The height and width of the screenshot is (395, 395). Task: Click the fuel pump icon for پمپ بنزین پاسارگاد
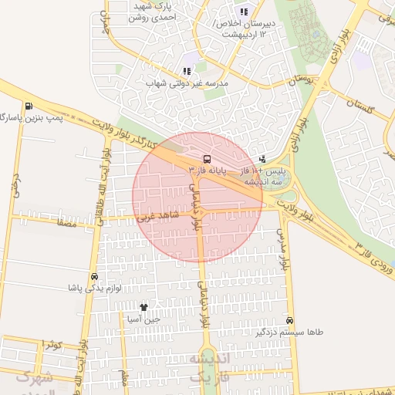coord(29,106)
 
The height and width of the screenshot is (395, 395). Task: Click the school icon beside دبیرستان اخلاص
coord(244,12)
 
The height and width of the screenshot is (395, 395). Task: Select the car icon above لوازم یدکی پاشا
coord(94,276)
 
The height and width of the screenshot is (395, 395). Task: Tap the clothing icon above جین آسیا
coord(143,308)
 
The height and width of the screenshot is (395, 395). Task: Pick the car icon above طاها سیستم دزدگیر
coord(289,320)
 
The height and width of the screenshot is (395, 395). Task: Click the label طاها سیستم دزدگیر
coord(289,332)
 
